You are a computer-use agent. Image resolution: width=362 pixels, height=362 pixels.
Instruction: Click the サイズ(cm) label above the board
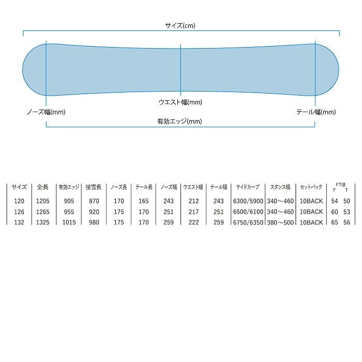point(180,25)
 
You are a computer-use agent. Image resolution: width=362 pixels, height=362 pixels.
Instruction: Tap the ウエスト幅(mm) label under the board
point(180,102)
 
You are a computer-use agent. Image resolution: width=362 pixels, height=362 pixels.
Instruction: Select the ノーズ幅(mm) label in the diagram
point(46,112)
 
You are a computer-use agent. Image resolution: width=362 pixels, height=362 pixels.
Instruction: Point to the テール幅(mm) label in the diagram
point(316,112)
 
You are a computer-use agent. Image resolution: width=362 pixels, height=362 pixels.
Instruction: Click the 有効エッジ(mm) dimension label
point(180,122)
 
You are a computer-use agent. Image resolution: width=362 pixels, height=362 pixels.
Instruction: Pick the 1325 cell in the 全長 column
point(43,222)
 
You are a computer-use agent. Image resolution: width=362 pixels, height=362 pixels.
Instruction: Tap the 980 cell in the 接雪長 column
point(93,222)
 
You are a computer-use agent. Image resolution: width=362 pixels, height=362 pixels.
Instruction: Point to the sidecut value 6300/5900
point(248,201)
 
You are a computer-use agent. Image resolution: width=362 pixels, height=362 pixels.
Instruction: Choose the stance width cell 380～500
point(281,222)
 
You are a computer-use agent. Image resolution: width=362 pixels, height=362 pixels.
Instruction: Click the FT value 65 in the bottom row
point(335,222)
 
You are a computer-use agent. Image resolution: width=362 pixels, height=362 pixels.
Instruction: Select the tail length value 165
point(143,201)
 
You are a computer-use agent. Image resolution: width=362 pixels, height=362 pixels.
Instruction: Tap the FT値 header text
point(340,184)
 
